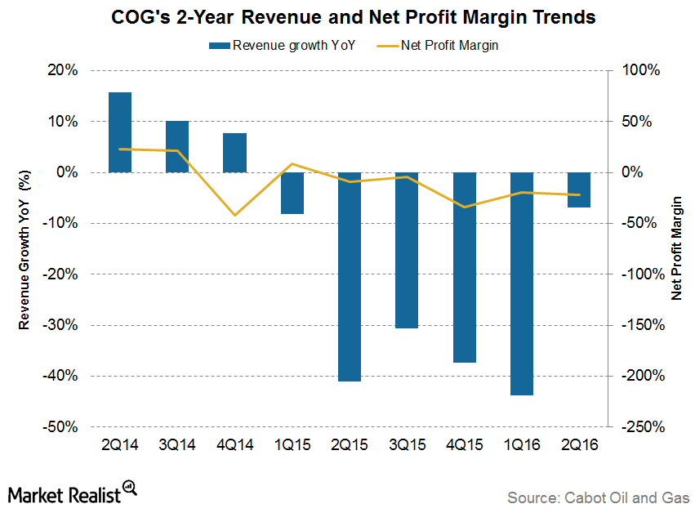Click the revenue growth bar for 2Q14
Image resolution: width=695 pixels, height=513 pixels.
point(120,132)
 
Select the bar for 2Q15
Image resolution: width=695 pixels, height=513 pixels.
point(350,277)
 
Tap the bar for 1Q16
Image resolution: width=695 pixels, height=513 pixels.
point(522,283)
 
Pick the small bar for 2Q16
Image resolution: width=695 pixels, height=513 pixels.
point(579,190)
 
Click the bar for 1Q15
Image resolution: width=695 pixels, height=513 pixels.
point(292,193)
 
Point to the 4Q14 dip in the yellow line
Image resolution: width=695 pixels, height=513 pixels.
point(235,216)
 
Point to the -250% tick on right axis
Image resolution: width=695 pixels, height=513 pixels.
point(643,427)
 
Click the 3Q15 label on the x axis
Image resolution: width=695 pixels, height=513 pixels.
point(407,446)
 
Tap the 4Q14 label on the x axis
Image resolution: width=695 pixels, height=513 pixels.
point(235,446)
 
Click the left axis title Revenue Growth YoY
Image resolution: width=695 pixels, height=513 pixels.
point(25,249)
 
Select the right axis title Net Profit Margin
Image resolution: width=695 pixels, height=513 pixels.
point(677,249)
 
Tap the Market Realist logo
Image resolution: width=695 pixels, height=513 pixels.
point(72,493)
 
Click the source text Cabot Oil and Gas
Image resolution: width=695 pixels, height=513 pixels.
point(599,497)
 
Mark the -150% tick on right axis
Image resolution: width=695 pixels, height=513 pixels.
point(643,325)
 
